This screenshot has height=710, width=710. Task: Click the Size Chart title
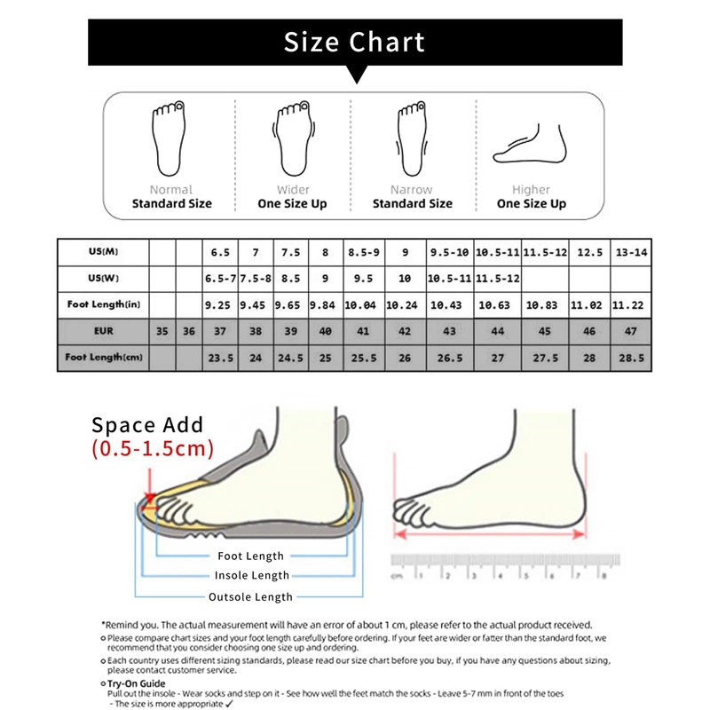click(355, 42)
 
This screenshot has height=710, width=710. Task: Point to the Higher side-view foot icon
click(531, 144)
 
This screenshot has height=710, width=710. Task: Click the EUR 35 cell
click(162, 331)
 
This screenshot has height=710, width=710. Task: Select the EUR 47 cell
click(630, 331)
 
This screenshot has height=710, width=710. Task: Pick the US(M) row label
click(104, 252)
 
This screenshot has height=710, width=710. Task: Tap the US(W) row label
click(104, 278)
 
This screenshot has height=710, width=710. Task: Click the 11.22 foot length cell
click(630, 304)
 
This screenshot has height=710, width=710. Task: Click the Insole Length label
click(251, 576)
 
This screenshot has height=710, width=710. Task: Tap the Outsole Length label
click(250, 597)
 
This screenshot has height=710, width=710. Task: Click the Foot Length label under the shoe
click(251, 556)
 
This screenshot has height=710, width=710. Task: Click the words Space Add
click(147, 424)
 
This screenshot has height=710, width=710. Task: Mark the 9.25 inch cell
click(219, 304)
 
